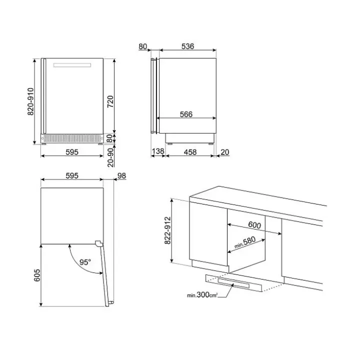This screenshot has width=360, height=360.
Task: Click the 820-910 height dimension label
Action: pos(30,101)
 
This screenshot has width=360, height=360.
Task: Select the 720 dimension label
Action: pos(110,101)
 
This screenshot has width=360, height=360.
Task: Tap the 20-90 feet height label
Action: pos(110,157)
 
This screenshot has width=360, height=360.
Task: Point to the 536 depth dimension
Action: pos(188,46)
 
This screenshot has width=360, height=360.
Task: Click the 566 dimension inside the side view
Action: pos(186,114)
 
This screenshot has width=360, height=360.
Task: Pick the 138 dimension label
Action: pos(158,151)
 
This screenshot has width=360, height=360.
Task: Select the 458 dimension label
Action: pos(190,152)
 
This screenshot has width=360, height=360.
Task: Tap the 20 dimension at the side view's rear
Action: pos(225,152)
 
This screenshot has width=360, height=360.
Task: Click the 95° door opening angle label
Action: pos(85,262)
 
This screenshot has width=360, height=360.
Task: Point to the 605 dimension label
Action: pos(37,275)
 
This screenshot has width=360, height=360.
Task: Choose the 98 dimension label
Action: pos(121,175)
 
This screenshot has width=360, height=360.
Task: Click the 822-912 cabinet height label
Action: pos(168,230)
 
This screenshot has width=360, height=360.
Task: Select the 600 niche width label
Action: pos(254,225)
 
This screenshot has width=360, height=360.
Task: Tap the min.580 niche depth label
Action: pos(244,242)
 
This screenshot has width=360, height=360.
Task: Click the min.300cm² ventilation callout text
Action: pos(202,295)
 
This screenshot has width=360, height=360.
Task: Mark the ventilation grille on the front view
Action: pos(72,138)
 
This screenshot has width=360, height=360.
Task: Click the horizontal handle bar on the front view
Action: pos(72,65)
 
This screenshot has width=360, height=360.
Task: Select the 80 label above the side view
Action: pos(143,46)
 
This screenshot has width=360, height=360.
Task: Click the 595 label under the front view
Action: pos(72,152)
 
